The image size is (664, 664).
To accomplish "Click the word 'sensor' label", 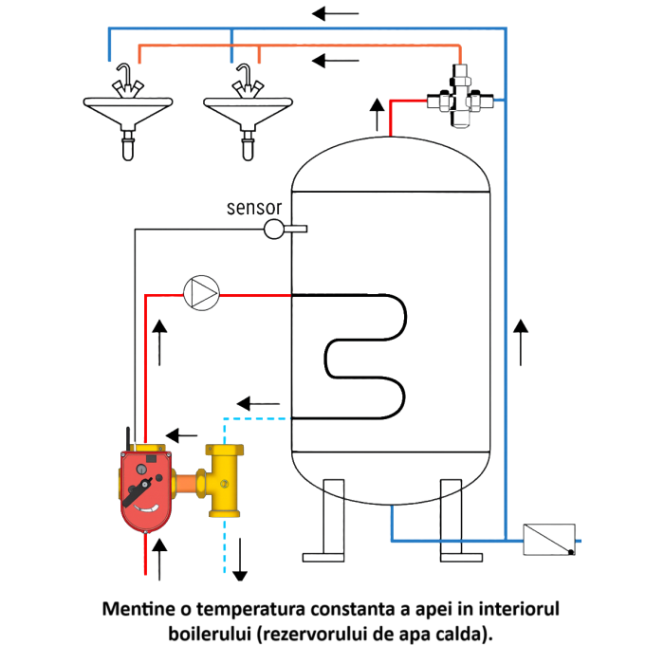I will [253, 208].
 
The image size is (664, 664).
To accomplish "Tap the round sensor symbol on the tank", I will [273, 228].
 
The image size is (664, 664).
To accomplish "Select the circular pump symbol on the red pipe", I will [201, 293].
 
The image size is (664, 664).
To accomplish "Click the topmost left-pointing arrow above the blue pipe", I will [336, 14].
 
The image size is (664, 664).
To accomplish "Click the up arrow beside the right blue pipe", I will [520, 342].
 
